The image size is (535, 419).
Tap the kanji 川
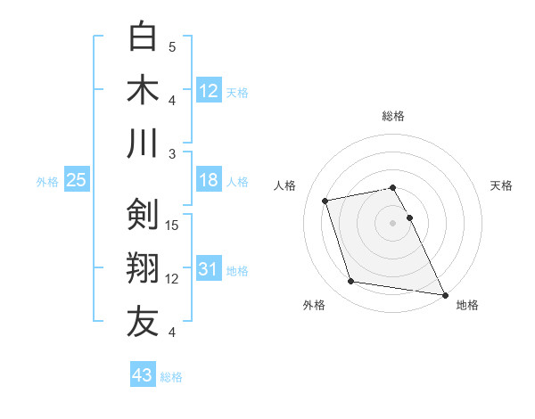point(143,143)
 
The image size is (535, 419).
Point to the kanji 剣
point(143,214)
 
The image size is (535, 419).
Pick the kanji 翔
point(143,267)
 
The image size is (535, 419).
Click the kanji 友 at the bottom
point(143,321)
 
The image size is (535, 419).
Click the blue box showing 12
point(209,89)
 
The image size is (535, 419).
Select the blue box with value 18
point(208,180)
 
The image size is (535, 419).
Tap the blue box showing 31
point(208,269)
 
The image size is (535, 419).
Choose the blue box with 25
point(76,180)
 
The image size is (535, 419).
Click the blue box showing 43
point(142,375)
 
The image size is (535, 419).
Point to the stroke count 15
point(173,225)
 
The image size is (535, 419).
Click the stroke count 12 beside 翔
point(173,278)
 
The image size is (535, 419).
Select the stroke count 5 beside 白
point(172,46)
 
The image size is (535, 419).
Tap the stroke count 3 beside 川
point(172,153)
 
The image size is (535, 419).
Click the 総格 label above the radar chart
point(393,116)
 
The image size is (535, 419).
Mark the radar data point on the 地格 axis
point(444,294)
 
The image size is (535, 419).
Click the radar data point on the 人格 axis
point(325,200)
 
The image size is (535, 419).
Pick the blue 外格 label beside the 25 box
point(47,181)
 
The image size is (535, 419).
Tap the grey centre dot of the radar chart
point(393,222)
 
